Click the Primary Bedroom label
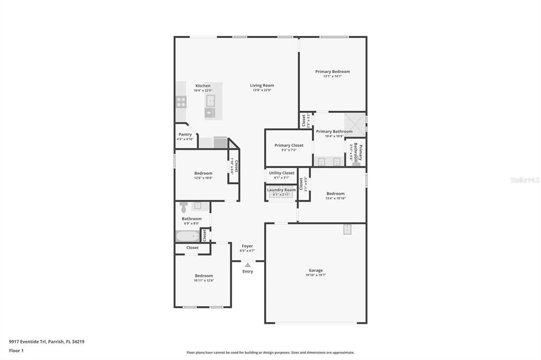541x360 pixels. click(x=332, y=72)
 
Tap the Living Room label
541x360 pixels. click(x=262, y=86)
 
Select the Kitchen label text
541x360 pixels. click(x=203, y=86)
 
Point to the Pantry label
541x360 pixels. click(x=185, y=135)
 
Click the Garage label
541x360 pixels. click(x=316, y=270)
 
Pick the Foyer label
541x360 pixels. click(x=247, y=246)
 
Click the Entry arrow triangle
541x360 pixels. click(x=247, y=265)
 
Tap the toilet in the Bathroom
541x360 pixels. click(x=183, y=207)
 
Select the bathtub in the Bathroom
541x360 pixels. click(x=187, y=236)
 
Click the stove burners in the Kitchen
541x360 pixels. click(x=181, y=101)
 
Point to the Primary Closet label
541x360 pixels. click(x=289, y=145)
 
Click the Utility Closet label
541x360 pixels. click(x=282, y=173)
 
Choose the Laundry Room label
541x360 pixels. click(x=282, y=190)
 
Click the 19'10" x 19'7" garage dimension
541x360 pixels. click(x=316, y=275)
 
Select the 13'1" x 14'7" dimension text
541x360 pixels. click(x=332, y=77)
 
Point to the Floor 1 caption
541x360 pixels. click(x=16, y=350)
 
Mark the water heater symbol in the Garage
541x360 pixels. click(x=348, y=229)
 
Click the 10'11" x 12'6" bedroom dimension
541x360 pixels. click(x=204, y=280)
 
